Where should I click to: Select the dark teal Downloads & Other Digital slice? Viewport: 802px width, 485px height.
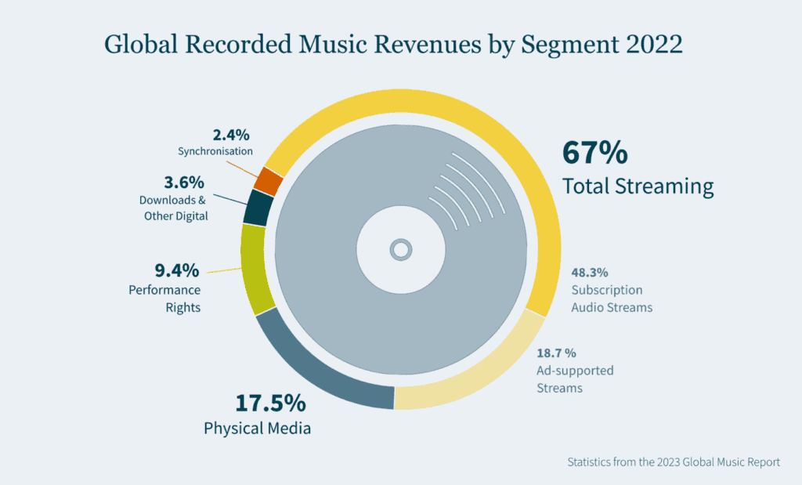(258, 208)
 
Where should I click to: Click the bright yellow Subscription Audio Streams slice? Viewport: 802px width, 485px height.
(501, 149)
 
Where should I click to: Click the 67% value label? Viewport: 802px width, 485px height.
(595, 153)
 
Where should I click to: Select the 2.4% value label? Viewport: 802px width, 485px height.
(233, 134)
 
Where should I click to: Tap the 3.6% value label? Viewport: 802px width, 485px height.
(185, 183)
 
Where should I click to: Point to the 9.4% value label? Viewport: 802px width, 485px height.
(176, 271)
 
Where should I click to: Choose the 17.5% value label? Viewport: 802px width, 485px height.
(270, 404)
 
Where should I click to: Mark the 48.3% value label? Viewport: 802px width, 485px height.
(590, 273)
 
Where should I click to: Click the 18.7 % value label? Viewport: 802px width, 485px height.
(557, 353)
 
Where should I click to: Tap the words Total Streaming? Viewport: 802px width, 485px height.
(638, 186)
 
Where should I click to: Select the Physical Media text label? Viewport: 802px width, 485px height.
(257, 429)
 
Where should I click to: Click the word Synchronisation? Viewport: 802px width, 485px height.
(215, 151)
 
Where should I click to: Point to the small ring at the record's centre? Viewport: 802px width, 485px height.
(400, 250)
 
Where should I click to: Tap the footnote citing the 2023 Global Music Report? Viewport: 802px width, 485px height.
(674, 462)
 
